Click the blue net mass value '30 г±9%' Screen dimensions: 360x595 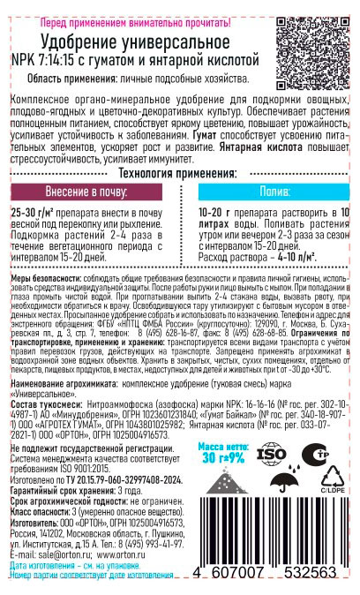coord(221,459)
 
